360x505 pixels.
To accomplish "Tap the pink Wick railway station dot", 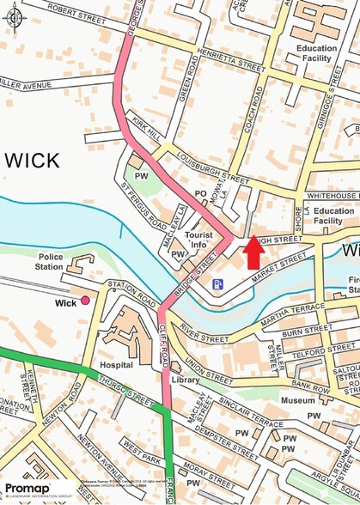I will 85,301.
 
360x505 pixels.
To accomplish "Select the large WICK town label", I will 32,160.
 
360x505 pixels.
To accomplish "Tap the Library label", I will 185,379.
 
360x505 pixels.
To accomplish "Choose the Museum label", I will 297,400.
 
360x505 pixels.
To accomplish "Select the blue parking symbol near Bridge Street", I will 218,284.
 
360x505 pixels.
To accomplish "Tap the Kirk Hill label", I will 141,129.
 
